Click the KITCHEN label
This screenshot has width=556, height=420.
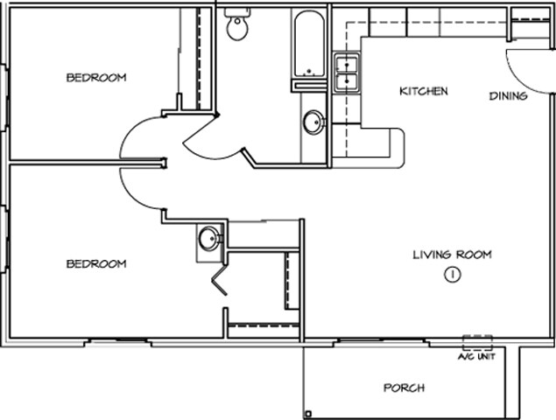point(425,91)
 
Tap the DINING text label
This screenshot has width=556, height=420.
point(508,96)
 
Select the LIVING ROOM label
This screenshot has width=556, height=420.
point(452,255)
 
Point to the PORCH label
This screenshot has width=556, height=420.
point(405,388)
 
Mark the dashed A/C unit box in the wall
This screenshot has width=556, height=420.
point(477,342)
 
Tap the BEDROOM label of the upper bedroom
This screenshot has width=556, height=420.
point(96,78)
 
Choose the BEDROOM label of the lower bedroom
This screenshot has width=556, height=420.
point(96,263)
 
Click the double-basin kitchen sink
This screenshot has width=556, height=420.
point(348,73)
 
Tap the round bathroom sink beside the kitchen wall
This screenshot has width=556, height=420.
point(313,123)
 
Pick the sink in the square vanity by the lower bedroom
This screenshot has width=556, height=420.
point(209,238)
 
